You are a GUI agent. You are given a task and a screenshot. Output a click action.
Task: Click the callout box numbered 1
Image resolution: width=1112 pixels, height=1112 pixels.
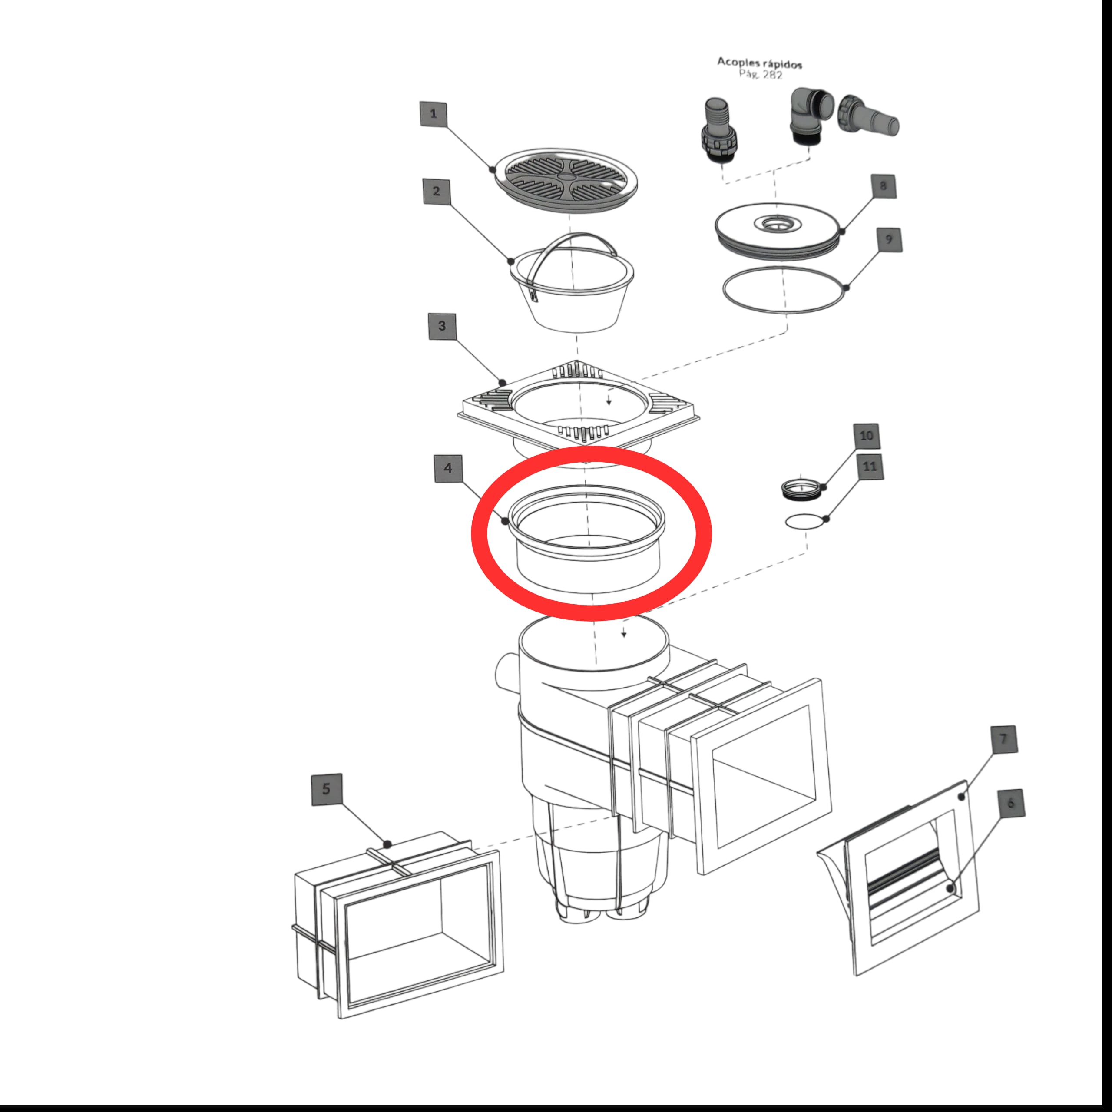[434, 113]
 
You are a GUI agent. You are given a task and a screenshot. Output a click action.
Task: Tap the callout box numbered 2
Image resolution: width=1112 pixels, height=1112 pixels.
[436, 191]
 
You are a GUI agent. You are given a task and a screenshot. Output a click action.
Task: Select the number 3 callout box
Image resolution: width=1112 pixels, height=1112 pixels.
[442, 326]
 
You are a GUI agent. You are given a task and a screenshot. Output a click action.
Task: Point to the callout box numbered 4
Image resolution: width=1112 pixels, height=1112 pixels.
[448, 468]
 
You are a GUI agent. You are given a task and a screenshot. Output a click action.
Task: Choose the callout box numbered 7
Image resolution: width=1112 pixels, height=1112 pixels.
[1004, 739]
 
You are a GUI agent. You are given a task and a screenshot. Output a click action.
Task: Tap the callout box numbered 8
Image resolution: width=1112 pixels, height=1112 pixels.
[883, 185]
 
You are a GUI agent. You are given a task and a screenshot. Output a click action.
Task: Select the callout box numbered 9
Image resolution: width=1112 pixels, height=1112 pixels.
[889, 239]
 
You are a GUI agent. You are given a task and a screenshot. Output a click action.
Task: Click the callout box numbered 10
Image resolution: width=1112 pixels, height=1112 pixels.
[866, 436]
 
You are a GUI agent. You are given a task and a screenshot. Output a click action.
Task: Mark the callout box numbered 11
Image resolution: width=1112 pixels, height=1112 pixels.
[870, 466]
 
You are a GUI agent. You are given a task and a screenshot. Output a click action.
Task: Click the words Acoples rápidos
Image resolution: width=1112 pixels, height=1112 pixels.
[759, 62]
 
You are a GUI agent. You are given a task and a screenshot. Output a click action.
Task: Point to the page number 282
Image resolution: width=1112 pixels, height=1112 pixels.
[771, 75]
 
